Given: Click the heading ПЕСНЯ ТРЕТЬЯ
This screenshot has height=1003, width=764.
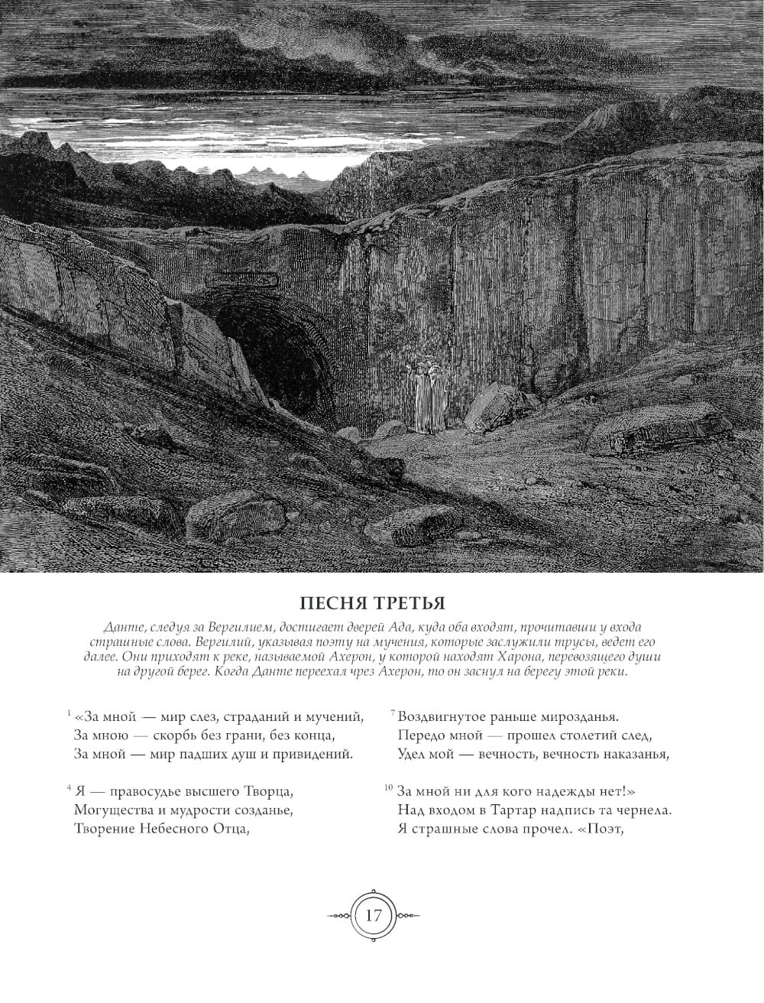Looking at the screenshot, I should pos(382,601).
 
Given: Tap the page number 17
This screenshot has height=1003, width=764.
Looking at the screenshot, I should pos(374,916).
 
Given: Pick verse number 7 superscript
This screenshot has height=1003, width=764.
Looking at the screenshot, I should pos(392,713).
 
